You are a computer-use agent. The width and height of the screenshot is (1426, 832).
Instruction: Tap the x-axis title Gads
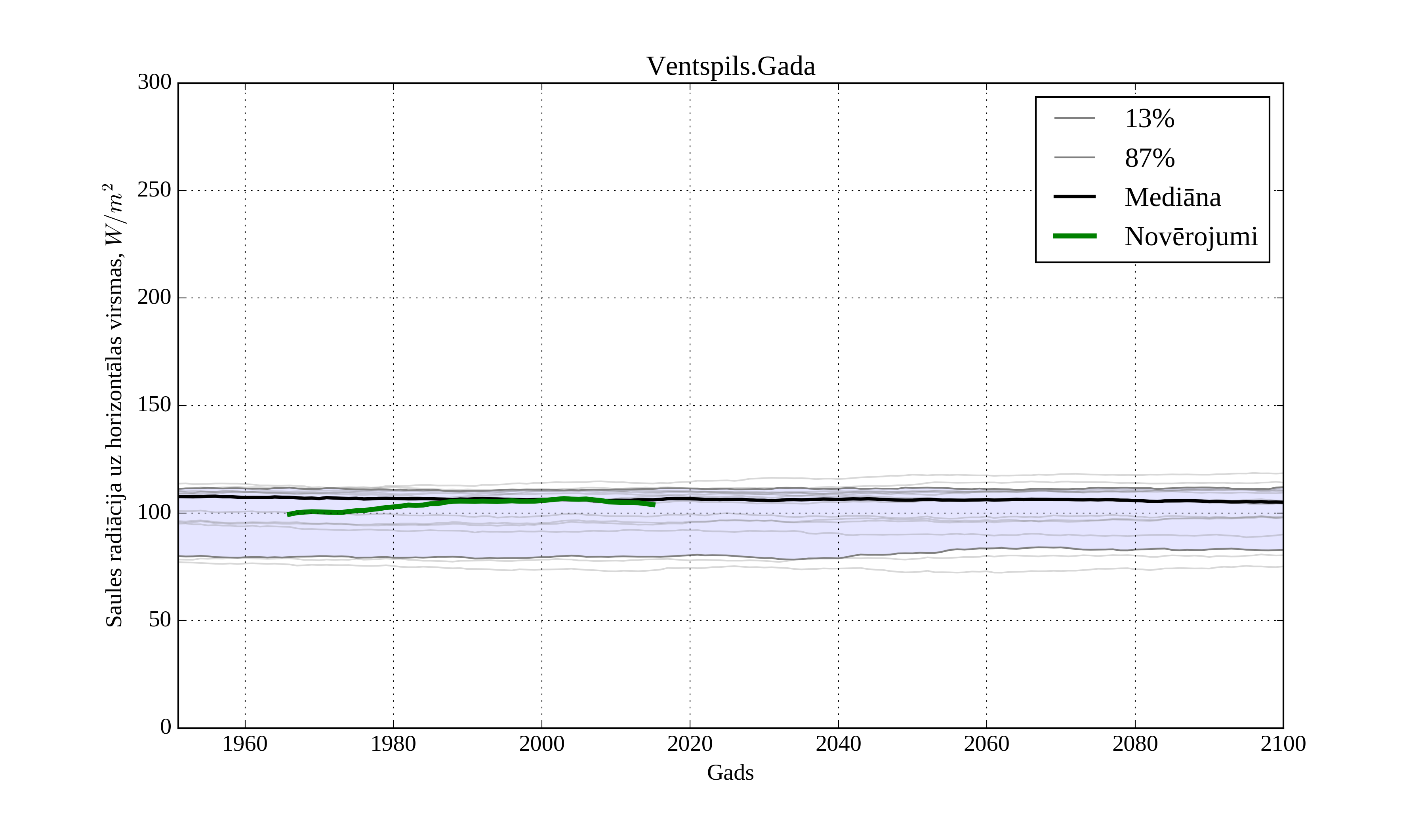730,773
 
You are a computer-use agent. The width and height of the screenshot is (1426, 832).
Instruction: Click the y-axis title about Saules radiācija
114,405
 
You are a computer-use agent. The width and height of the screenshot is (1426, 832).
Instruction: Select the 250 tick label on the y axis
154,190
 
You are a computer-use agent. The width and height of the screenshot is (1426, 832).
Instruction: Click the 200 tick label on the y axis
154,297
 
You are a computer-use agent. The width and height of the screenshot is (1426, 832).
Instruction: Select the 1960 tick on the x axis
245,744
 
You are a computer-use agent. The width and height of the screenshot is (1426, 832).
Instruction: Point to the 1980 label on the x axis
393,744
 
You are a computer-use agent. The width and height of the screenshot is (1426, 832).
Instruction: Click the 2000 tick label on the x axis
541,744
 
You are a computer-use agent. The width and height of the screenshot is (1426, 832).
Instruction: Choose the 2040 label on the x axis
838,744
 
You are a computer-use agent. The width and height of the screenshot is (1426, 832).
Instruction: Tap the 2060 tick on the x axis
986,744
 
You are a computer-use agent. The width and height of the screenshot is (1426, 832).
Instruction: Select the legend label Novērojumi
1191,237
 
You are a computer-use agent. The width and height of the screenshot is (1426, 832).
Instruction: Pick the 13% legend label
1149,119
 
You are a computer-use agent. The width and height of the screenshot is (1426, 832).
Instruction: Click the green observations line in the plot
481,501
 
